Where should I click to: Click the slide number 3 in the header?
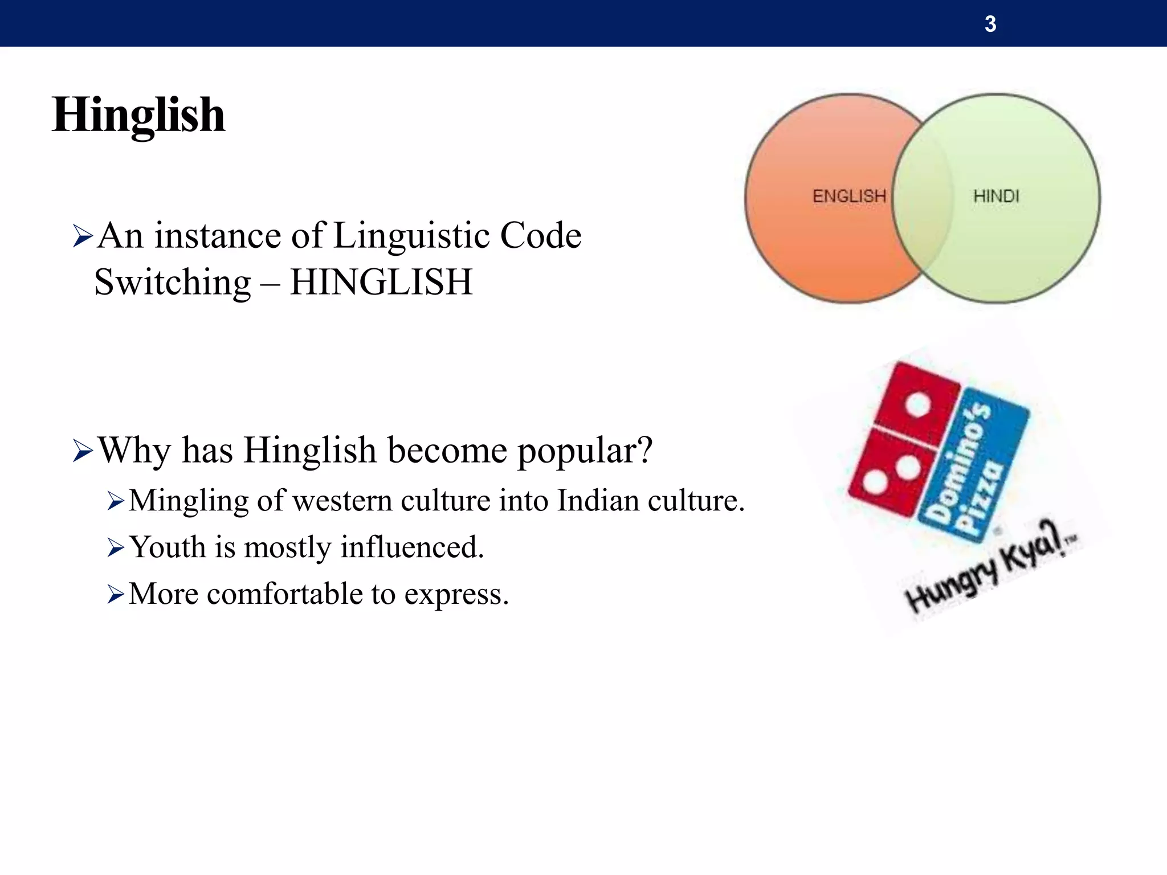click(x=990, y=24)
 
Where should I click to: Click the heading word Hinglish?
click(x=138, y=116)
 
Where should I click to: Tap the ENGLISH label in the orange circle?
click(x=849, y=197)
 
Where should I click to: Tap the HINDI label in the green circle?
click(x=996, y=197)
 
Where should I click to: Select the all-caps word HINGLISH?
click(x=381, y=282)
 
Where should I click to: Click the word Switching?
click(x=172, y=283)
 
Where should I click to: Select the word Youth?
click(x=168, y=547)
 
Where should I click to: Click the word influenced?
click(x=412, y=547)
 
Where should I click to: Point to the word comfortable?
click(x=284, y=594)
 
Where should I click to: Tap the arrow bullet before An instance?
click(x=83, y=236)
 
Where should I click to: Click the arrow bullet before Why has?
click(x=83, y=451)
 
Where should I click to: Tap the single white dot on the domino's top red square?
click(x=918, y=405)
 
